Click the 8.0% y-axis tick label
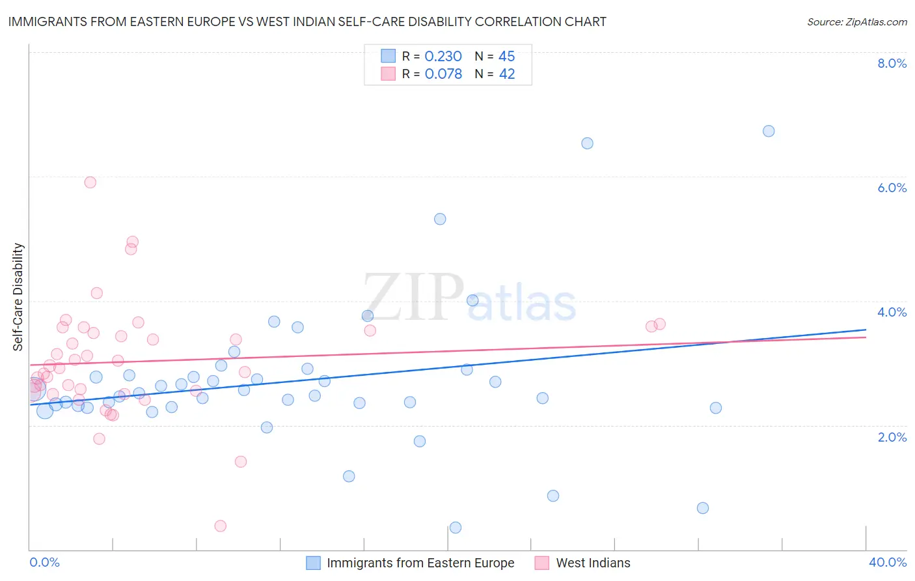(892, 63)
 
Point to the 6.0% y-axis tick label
(892, 188)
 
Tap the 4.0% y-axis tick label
(892, 312)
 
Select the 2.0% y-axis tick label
(892, 437)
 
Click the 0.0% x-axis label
(44, 562)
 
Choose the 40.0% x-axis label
(887, 562)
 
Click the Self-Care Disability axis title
(18, 297)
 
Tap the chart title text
(307, 21)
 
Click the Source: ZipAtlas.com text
(856, 21)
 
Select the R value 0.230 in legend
(443, 57)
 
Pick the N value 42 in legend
(507, 74)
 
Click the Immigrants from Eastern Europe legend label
(420, 563)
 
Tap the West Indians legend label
(593, 563)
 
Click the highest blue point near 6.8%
(769, 131)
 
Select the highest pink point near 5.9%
(90, 182)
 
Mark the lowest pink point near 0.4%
(221, 526)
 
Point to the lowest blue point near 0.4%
(456, 528)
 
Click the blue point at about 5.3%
(440, 219)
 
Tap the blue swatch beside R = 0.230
(389, 56)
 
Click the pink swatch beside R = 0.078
(389, 74)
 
